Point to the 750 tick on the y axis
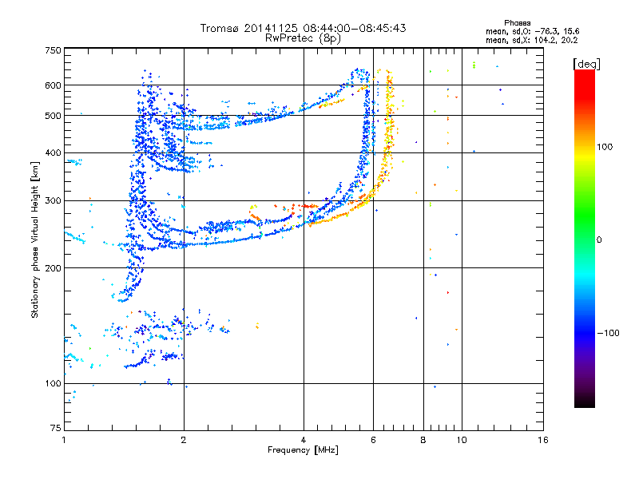coord(53,50)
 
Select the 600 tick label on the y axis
coord(53,85)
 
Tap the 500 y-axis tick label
coord(53,116)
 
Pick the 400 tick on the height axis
coord(53,152)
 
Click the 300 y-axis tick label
coord(53,200)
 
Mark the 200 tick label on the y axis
coord(53,267)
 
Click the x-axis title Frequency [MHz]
coord(303,451)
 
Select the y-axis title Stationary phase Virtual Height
coord(35,242)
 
